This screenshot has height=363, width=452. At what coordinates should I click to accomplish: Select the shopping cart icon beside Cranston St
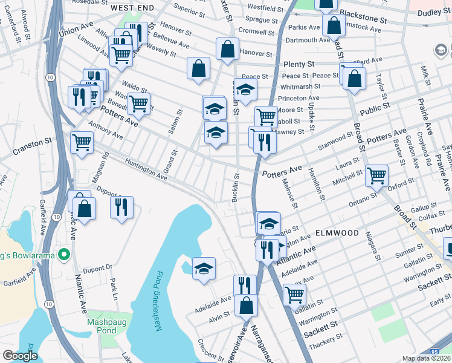(82, 143)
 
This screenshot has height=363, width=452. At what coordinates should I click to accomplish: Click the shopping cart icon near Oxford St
(376, 175)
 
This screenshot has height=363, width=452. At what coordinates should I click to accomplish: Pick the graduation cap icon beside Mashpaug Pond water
(204, 268)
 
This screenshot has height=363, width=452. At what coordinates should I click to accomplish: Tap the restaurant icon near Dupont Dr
(121, 207)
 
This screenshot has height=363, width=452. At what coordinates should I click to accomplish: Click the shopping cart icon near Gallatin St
(294, 295)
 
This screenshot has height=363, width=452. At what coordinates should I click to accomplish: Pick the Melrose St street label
(291, 195)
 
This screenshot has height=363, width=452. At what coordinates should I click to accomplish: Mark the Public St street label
(373, 110)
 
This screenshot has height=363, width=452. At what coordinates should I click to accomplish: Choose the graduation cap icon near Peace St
(245, 90)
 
